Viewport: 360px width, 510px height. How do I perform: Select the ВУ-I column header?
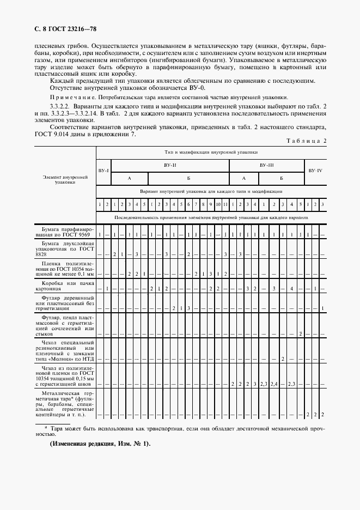103,170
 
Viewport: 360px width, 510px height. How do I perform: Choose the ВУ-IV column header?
315,170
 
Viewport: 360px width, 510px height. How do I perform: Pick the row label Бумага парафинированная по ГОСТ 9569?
65,231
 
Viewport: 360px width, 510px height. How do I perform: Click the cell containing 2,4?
273,384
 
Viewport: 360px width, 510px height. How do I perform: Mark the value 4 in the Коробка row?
292,288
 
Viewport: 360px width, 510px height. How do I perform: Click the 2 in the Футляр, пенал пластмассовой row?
301,333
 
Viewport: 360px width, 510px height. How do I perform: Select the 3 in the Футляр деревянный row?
188,308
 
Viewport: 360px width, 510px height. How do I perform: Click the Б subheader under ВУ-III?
282,178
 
